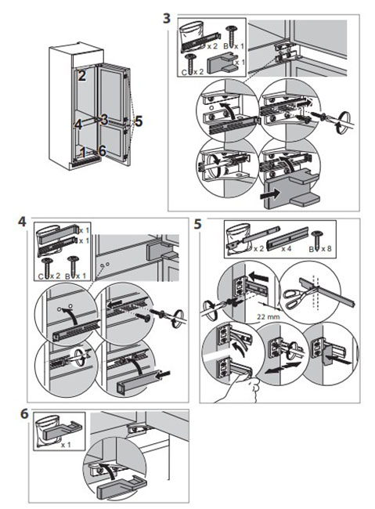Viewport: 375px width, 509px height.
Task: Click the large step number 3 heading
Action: [167, 18]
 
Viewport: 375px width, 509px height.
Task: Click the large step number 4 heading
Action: [22, 222]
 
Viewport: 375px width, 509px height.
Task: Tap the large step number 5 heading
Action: [197, 224]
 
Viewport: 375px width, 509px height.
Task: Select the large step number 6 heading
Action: [24, 414]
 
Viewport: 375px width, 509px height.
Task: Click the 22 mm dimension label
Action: [269, 316]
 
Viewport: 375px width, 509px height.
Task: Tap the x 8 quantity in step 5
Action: [326, 249]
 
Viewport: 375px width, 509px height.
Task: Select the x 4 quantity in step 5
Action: [287, 249]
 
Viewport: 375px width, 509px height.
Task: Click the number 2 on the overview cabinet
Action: [82, 76]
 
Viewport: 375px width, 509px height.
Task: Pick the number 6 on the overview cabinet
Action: [102, 151]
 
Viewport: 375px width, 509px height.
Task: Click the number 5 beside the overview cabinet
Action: [139, 121]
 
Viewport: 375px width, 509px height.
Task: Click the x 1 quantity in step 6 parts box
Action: [66, 445]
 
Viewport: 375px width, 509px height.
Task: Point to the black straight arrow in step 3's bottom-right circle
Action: [269, 195]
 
